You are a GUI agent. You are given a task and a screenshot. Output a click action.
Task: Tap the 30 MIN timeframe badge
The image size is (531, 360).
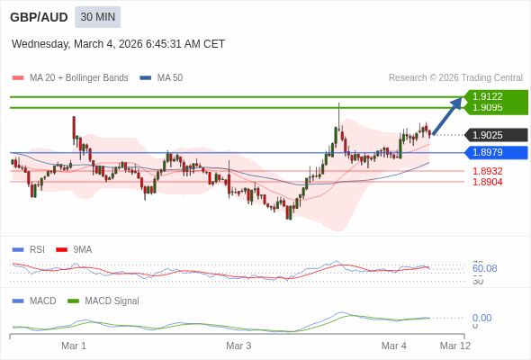tap(97, 17)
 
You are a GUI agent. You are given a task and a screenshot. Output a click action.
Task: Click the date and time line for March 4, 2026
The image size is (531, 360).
tap(118, 44)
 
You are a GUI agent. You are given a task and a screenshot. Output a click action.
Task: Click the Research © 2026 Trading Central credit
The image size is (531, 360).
tap(455, 78)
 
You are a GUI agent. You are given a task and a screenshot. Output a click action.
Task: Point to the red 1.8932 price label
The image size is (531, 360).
tap(488, 171)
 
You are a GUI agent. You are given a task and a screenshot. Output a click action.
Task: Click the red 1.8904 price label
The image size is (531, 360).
tap(488, 182)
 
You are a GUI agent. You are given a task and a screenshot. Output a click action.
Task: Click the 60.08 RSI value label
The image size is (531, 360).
tap(484, 268)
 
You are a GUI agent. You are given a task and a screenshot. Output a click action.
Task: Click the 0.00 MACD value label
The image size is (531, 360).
tap(481, 318)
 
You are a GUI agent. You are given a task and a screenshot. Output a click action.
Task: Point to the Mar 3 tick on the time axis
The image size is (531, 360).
tap(238, 346)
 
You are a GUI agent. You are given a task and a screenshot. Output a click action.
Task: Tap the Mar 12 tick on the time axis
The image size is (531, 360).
tap(454, 346)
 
